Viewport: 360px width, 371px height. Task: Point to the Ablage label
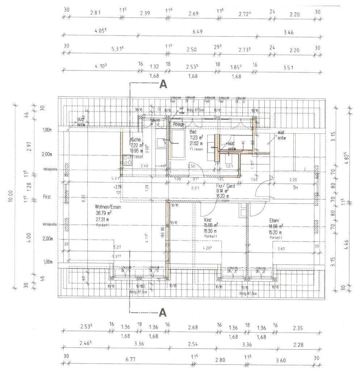click(x=179, y=124)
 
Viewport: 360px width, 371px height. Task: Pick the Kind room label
click(x=208, y=220)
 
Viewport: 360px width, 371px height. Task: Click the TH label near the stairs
click(x=295, y=188)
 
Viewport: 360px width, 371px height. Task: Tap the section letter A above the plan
click(x=163, y=84)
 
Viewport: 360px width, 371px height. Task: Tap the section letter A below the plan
click(x=163, y=312)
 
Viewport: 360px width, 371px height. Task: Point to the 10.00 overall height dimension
click(x=11, y=197)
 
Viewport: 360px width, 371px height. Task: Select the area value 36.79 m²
click(x=104, y=213)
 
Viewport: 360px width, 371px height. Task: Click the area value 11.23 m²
click(x=196, y=138)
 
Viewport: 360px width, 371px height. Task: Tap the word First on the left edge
click(x=46, y=197)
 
